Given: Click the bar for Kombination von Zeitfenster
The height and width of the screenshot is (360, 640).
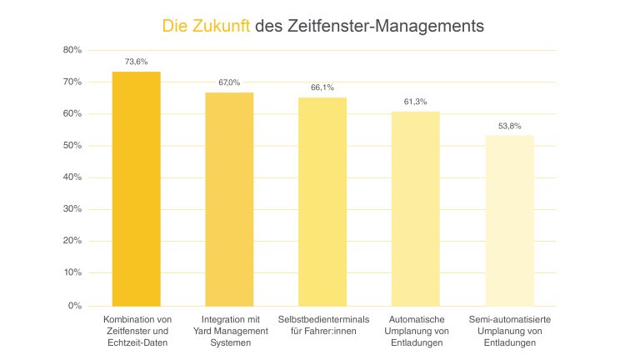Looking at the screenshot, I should tap(137, 188).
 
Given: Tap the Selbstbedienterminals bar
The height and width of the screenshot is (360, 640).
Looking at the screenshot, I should tap(322, 201).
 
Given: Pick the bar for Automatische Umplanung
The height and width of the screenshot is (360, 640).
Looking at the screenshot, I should tap(416, 208).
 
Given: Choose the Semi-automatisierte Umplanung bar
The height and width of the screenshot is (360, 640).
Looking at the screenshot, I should tap(509, 220).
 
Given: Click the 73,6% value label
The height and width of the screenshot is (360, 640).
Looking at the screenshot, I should tap(137, 61).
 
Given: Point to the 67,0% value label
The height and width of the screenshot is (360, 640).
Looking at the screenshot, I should tap(229, 82).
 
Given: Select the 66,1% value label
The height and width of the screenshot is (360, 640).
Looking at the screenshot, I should tap(322, 86).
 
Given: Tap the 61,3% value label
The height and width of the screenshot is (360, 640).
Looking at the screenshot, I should tap(416, 101).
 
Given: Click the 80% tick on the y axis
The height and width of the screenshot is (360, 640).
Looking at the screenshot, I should tap(72, 50).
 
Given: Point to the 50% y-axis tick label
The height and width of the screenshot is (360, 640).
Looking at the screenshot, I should tap(72, 146).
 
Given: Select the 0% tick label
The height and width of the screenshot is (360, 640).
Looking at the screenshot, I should tap(75, 306).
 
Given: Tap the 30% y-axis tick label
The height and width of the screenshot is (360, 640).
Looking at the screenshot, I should tap(72, 210).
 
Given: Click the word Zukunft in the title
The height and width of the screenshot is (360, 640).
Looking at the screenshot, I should tap(222, 27).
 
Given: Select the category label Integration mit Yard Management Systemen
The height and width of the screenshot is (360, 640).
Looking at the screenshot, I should tap(229, 332).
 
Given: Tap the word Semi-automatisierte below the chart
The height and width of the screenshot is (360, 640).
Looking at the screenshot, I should tap(509, 320).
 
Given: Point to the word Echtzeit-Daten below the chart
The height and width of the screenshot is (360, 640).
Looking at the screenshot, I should tap(137, 343).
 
